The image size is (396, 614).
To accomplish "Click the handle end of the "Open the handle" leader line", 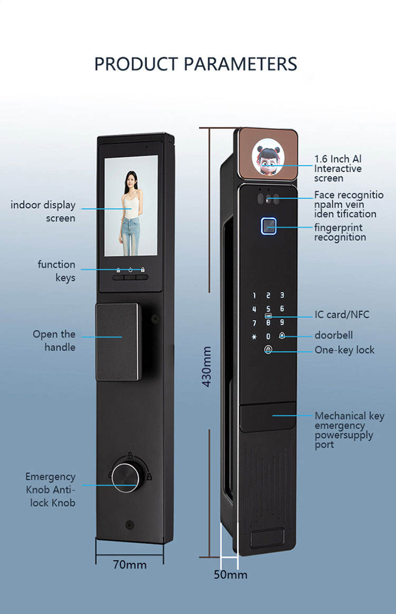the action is click(121, 337).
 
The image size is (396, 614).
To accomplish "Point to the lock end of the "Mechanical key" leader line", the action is click(273, 416).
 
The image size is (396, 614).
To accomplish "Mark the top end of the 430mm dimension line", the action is click(210, 128).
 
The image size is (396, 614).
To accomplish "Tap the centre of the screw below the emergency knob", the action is click(130, 524).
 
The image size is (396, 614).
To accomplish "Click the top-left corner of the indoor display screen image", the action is click(105, 156).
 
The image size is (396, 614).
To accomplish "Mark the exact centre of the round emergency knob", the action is click(126, 477).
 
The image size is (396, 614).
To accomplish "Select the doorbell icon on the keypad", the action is click(282, 335).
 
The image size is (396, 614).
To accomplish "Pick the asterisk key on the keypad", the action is click(254, 337).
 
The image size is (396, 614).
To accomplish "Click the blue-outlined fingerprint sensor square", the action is click(269, 226).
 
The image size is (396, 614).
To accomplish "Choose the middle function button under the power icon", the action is click(130, 277).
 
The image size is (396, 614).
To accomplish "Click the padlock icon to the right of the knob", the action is click(149, 476).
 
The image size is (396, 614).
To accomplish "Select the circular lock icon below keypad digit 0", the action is click(268, 349).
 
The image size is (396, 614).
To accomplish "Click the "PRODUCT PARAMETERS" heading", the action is click(196, 64).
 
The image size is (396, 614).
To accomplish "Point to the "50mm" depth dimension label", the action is click(231, 574).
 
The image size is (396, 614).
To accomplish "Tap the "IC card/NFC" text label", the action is click(342, 314).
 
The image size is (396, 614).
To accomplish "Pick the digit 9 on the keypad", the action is click(282, 322).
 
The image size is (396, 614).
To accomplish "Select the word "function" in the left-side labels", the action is click(56, 264).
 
